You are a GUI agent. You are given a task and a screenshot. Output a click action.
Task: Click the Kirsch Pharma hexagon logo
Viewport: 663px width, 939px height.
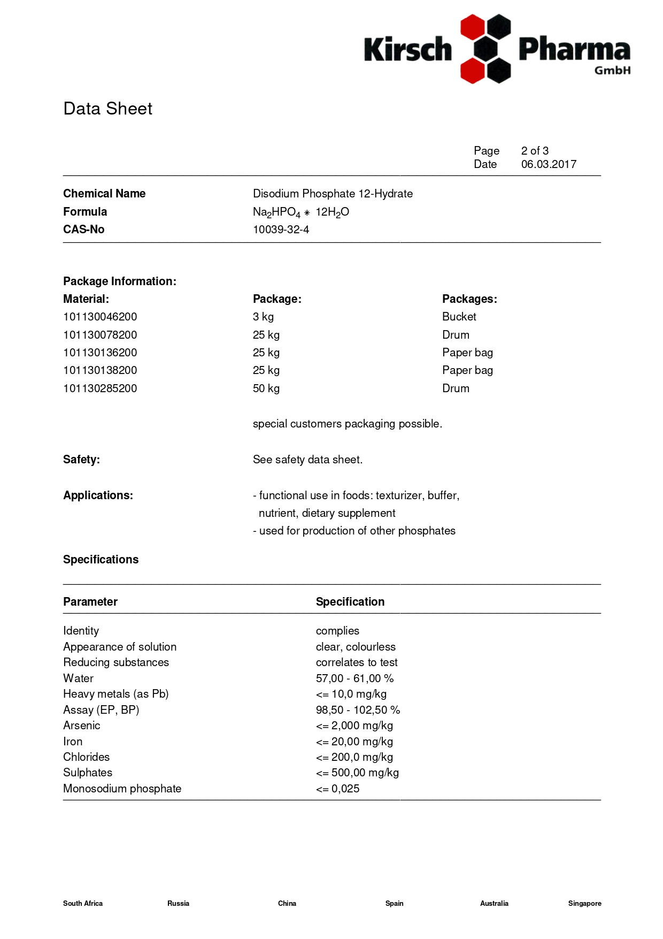485,49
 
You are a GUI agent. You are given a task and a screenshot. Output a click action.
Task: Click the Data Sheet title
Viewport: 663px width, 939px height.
107,109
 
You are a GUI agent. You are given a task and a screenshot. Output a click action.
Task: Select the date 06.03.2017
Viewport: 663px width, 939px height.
549,164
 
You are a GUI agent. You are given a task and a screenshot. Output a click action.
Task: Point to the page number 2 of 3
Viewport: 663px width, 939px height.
535,151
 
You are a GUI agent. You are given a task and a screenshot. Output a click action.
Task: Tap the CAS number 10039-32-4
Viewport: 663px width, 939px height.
281,230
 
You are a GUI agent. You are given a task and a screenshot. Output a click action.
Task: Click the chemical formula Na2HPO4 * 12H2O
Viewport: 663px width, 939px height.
300,212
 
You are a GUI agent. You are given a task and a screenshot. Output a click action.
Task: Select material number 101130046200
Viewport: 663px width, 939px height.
100,317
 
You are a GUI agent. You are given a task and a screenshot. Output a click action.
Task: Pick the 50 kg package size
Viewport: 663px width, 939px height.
266,388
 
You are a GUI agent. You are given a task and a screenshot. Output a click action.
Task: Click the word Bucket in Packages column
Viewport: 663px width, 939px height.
459,317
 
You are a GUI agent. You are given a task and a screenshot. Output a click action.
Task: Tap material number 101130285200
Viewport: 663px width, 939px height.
100,388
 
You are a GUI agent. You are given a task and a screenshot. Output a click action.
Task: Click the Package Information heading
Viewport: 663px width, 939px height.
119,281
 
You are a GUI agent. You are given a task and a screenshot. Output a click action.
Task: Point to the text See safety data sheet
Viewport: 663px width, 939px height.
307,460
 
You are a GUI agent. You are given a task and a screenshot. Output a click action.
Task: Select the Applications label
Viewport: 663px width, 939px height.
98,495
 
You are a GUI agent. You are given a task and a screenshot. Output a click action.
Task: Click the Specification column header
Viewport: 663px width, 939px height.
350,602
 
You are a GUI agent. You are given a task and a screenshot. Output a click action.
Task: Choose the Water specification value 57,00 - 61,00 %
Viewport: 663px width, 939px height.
354,678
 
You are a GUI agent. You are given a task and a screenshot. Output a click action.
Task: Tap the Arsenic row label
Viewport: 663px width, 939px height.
81,726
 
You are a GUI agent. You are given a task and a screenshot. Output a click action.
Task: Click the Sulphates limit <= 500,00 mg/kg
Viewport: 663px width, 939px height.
357,773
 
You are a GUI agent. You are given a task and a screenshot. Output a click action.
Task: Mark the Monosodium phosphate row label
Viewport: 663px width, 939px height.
122,789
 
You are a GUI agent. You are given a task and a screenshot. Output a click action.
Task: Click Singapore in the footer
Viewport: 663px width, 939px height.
584,903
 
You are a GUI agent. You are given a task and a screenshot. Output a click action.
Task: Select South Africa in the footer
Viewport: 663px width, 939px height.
83,903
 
